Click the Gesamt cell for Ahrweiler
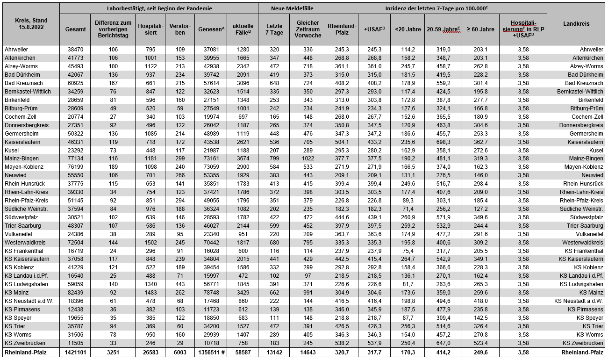(75, 49)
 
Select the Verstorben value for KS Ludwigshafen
(180, 284)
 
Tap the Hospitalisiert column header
(150, 29)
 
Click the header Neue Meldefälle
(292, 8)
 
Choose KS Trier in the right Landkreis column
(593, 326)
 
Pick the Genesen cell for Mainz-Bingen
(210, 158)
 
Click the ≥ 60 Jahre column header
(480, 29)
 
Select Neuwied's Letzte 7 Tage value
(274, 175)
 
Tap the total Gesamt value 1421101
(75, 352)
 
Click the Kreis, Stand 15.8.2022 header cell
(30, 24)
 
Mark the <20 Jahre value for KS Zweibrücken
(408, 343)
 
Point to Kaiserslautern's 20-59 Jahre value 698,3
(443, 142)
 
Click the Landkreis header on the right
(576, 24)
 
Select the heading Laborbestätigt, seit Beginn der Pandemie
(159, 8)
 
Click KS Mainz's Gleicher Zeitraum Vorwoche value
(308, 292)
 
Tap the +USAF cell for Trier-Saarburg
(374, 226)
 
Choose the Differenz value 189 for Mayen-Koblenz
(113, 167)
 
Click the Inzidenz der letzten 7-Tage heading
(436, 8)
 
